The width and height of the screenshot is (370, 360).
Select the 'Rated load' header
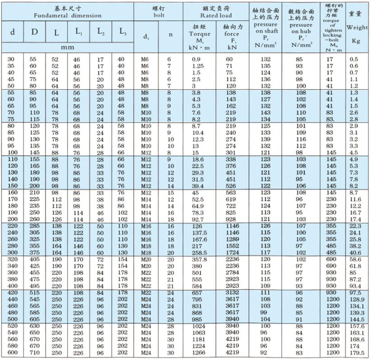tap(216, 15)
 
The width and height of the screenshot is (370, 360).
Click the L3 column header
tap(122, 32)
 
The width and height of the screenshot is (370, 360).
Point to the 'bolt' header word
tap(158, 15)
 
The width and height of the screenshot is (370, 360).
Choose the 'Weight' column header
tap(357, 27)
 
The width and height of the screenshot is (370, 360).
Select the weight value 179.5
tap(357, 353)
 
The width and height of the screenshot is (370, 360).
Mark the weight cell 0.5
tap(354, 59)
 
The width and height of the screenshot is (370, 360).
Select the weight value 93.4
tap(356, 286)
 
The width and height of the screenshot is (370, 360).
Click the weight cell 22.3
tap(356, 226)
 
